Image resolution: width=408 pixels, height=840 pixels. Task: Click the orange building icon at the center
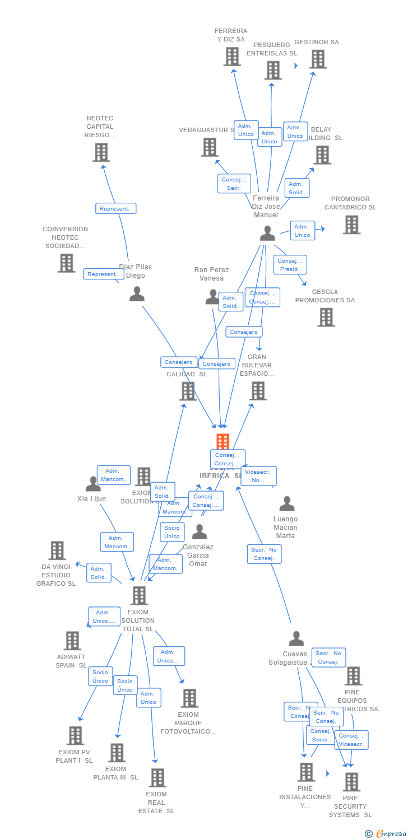click(222, 442)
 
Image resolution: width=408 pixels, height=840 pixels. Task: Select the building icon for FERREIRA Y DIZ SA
click(232, 57)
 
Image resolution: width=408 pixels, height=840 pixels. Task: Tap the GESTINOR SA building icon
click(318, 59)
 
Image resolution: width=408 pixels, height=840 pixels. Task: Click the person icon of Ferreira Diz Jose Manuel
click(267, 233)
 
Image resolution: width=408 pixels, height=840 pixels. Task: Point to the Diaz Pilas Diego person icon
click(137, 293)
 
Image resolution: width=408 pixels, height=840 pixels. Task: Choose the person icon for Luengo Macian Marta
click(287, 503)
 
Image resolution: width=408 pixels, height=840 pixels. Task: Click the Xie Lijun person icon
click(93, 484)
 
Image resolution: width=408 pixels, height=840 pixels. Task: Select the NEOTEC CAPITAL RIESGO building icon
click(101, 152)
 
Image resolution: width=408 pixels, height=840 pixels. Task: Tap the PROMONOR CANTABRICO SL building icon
click(351, 225)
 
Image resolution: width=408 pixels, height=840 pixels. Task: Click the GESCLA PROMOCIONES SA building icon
click(326, 317)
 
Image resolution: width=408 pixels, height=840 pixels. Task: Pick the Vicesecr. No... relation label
click(258, 476)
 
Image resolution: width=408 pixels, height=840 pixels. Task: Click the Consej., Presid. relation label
click(290, 264)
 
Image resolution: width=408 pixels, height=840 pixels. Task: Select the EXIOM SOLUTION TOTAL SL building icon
click(139, 596)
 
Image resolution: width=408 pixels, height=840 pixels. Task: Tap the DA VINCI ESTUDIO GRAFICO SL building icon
click(57, 550)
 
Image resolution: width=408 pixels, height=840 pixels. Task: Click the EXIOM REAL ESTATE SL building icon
click(157, 777)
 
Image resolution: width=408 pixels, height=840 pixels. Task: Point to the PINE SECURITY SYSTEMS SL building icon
click(351, 782)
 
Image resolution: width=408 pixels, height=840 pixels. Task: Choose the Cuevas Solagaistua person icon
click(296, 638)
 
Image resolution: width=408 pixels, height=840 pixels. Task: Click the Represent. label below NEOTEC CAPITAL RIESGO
click(115, 208)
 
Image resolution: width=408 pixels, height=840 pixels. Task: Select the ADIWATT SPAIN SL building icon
click(72, 641)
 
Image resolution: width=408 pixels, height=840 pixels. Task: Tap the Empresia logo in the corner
click(386, 834)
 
